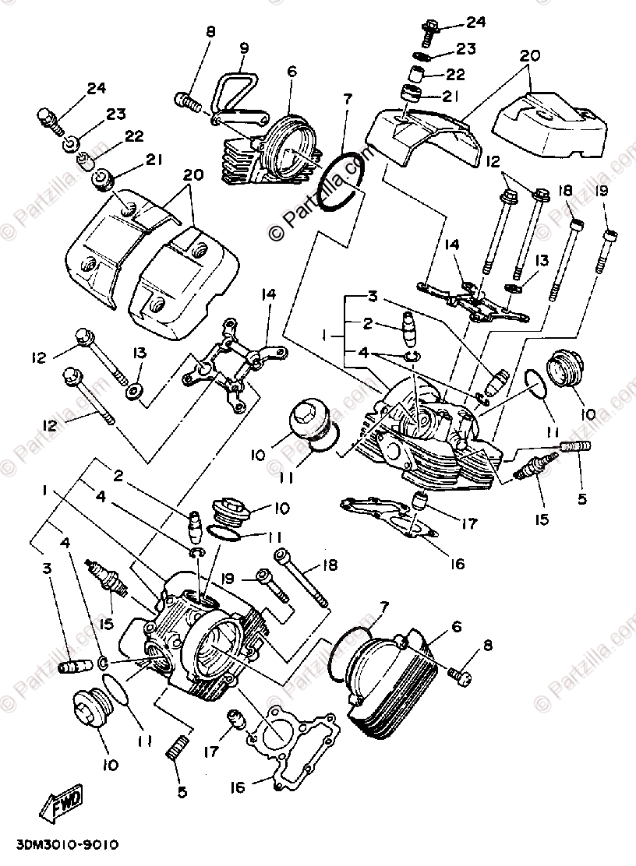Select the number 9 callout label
pos(244,48)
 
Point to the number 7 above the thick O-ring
pos(347,99)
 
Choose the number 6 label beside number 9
pos(292,71)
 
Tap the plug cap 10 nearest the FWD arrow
pos(92,706)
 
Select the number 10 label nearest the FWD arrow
pos(109,766)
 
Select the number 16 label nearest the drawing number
pos(237,787)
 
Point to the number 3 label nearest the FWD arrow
pos(48,569)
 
